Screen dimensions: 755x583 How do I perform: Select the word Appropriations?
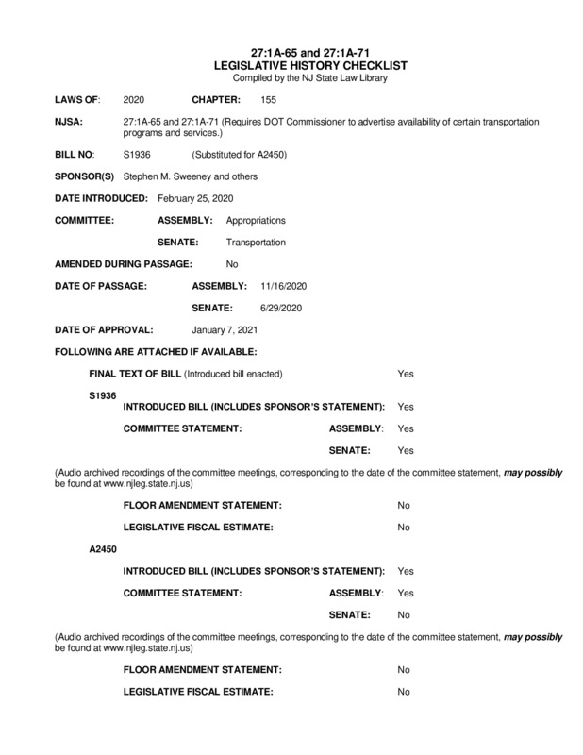point(256,220)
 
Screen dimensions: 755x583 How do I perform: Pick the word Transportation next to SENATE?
point(256,242)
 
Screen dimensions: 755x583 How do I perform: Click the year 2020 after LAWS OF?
point(134,99)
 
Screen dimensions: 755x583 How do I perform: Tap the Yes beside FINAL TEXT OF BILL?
point(406,374)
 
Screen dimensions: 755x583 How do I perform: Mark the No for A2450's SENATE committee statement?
point(404,614)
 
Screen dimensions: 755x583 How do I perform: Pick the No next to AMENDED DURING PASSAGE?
point(232,263)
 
